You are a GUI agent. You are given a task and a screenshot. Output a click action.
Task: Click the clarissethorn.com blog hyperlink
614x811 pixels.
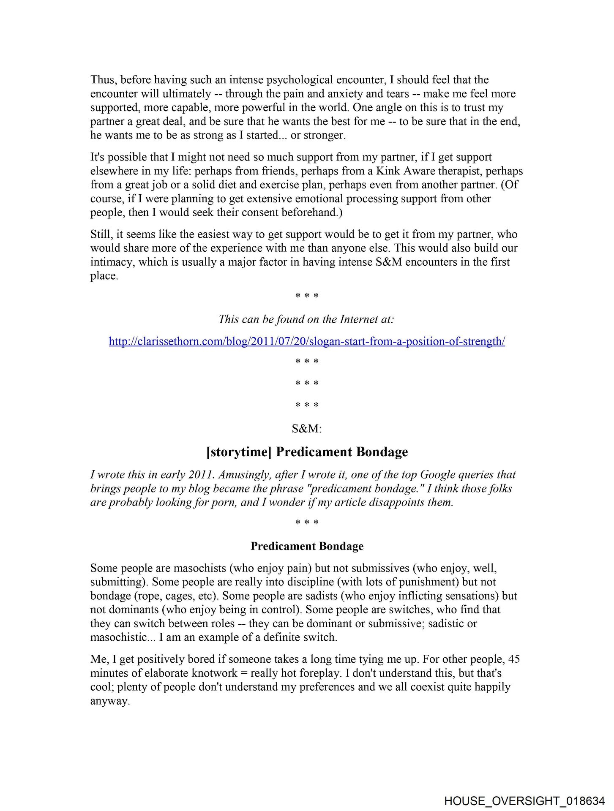307,341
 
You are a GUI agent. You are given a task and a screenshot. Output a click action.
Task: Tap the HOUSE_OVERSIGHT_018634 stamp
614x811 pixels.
524,801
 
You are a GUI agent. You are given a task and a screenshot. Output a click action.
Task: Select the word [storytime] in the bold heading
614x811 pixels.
239,452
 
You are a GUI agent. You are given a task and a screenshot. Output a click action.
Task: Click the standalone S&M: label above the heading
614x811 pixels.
307,428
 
